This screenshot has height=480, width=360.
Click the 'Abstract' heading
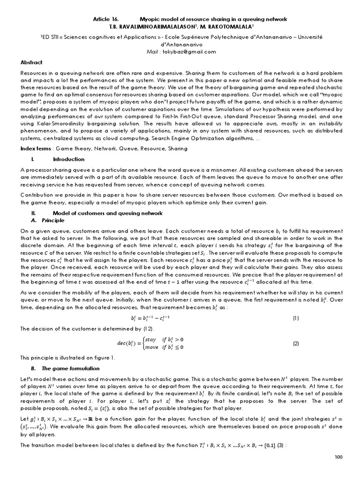(x=31, y=62)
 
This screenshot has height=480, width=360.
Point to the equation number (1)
(x=296, y=318)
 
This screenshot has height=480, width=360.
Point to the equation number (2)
(x=296, y=343)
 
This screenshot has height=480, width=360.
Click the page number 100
(x=338, y=470)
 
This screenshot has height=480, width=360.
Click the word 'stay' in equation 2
(x=150, y=339)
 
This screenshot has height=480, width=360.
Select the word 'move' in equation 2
(x=151, y=347)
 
